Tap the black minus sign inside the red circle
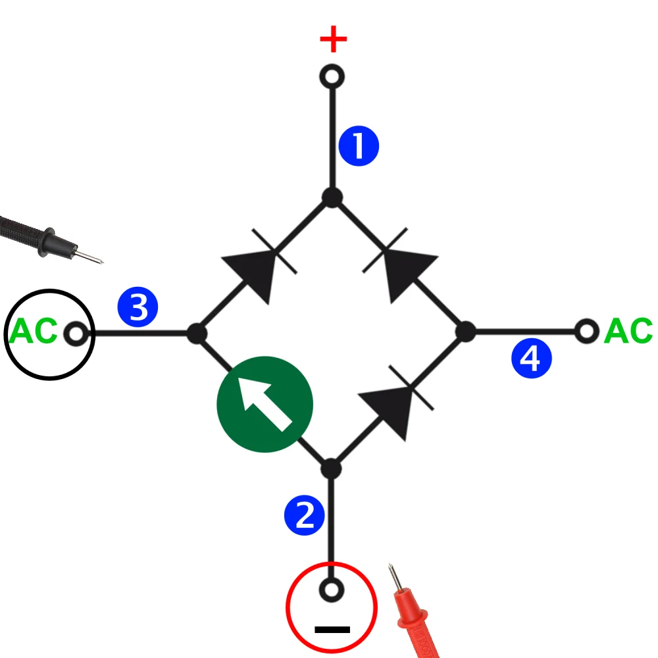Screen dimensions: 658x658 tap(332, 629)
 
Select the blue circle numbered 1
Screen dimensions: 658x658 tap(359, 147)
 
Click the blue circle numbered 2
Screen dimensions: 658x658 tap(305, 515)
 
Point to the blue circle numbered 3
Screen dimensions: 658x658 tap(138, 307)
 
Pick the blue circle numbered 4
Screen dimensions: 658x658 tap(531, 359)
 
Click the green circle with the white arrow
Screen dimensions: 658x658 tap(265, 404)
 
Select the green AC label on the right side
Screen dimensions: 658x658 tap(628, 331)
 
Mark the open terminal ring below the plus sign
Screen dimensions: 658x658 tap(332, 77)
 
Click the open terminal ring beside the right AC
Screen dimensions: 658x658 tap(586, 331)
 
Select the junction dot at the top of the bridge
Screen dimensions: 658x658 tap(332, 197)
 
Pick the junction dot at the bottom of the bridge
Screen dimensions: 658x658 tap(331, 469)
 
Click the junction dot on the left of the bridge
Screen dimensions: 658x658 tap(197, 333)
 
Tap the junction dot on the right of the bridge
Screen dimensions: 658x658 tap(466, 332)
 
